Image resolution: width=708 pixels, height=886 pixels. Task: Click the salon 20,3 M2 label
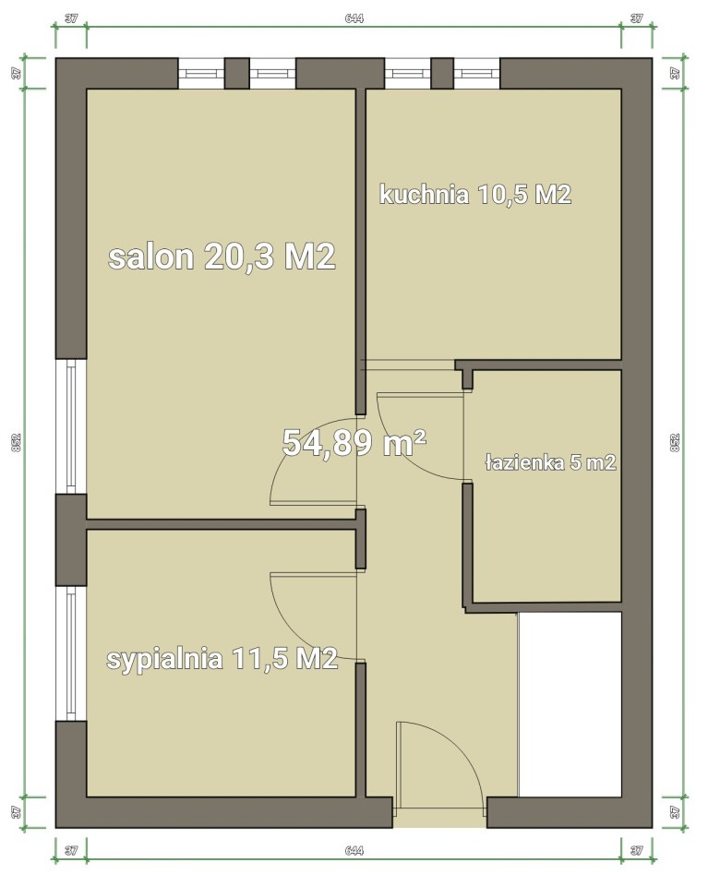(x=222, y=257)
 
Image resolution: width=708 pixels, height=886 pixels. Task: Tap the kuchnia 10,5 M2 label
(x=475, y=195)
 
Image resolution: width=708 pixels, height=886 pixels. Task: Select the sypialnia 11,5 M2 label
(x=222, y=659)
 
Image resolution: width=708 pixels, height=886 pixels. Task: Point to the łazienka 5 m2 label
(x=550, y=462)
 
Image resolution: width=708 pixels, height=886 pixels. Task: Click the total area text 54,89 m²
(x=354, y=442)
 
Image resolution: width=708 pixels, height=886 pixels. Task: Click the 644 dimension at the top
(x=354, y=18)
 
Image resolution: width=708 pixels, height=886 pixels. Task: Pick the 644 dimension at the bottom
(x=354, y=850)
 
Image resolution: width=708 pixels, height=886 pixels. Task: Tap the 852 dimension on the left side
(x=16, y=442)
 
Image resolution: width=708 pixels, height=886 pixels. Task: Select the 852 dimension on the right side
(x=674, y=442)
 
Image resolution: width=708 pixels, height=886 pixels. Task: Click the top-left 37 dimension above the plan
(x=71, y=18)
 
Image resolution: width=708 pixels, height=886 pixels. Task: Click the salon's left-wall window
(x=71, y=426)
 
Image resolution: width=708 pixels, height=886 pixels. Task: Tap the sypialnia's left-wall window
(x=71, y=653)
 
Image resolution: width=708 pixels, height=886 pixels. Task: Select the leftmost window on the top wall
(x=202, y=73)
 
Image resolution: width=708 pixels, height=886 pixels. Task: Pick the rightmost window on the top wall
(x=476, y=73)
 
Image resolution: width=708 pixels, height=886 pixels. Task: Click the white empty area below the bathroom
(x=570, y=704)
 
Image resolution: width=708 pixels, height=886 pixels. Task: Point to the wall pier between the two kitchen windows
(x=442, y=73)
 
